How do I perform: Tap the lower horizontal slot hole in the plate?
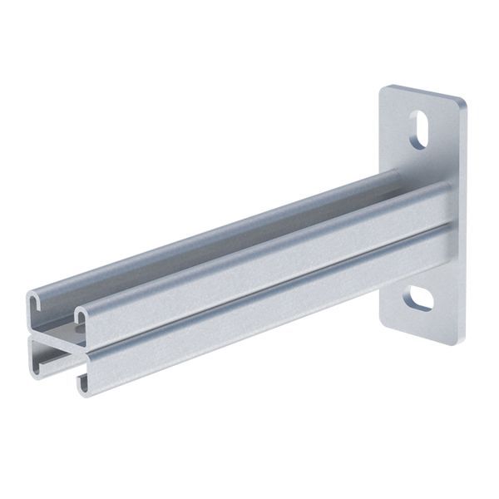[421, 299]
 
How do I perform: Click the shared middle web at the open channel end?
[54, 342]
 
